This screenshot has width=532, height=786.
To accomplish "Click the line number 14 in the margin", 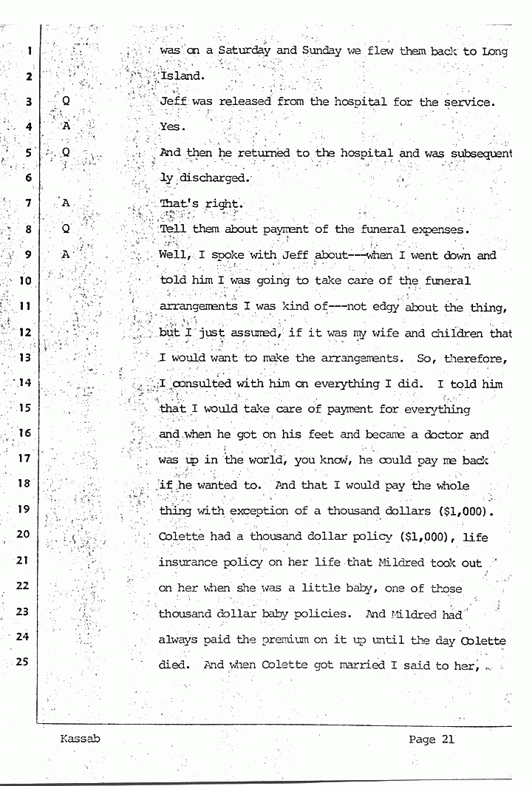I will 24,383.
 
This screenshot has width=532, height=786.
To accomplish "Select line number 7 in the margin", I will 27,203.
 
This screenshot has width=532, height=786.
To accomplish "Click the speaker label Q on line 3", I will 66,101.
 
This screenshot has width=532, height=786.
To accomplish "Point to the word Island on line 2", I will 180,76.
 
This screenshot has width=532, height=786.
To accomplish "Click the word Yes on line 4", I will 170,127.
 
